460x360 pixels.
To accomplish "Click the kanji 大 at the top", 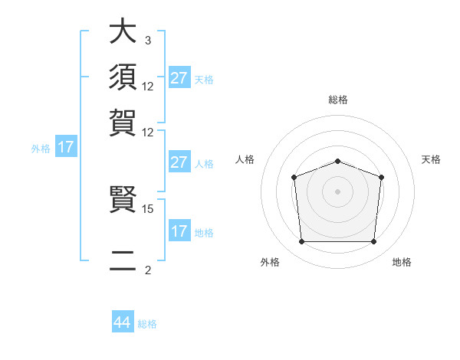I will click(x=123, y=32).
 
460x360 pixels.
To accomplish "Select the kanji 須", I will click(x=123, y=77).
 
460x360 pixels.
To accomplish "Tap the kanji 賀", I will click(x=123, y=123).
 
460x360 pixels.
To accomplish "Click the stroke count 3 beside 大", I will click(x=147, y=40).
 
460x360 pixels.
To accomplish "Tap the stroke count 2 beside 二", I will click(x=147, y=270).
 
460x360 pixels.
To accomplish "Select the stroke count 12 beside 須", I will click(x=148, y=86).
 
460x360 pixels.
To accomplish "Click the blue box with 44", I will click(x=123, y=322).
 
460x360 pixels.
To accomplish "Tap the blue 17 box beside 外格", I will click(x=66, y=147).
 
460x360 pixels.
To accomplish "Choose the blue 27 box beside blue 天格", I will click(x=179, y=78).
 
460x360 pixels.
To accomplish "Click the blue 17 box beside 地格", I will click(x=179, y=231).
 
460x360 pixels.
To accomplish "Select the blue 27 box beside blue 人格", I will click(x=179, y=162).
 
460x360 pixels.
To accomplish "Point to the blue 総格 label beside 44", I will click(x=147, y=324).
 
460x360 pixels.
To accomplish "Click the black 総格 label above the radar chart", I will click(x=337, y=100).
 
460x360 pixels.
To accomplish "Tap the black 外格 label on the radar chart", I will click(x=270, y=262).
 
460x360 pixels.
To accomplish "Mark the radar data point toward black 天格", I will click(x=382, y=177).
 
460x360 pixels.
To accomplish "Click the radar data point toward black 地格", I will click(x=374, y=242).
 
